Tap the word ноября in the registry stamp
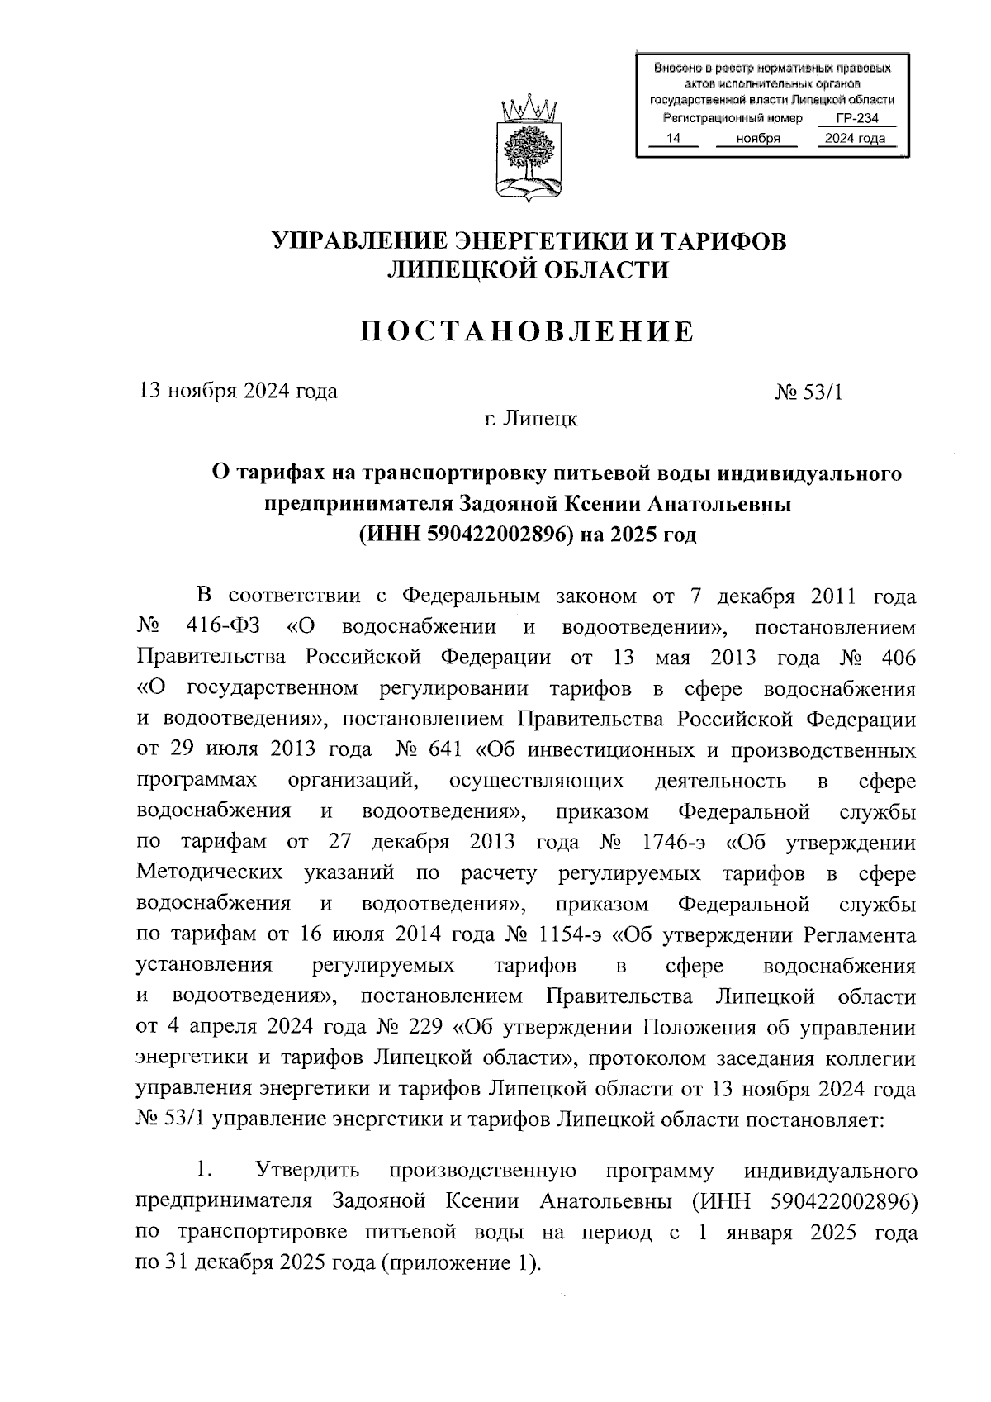pos(757,139)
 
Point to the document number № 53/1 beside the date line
pos(809,392)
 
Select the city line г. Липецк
pos(530,419)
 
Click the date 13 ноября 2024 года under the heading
pos(238,391)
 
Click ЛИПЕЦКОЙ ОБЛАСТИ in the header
pos(529,269)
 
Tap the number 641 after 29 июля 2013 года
pos(447,751)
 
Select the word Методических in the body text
pos(210,873)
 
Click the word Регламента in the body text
pos(860,936)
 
